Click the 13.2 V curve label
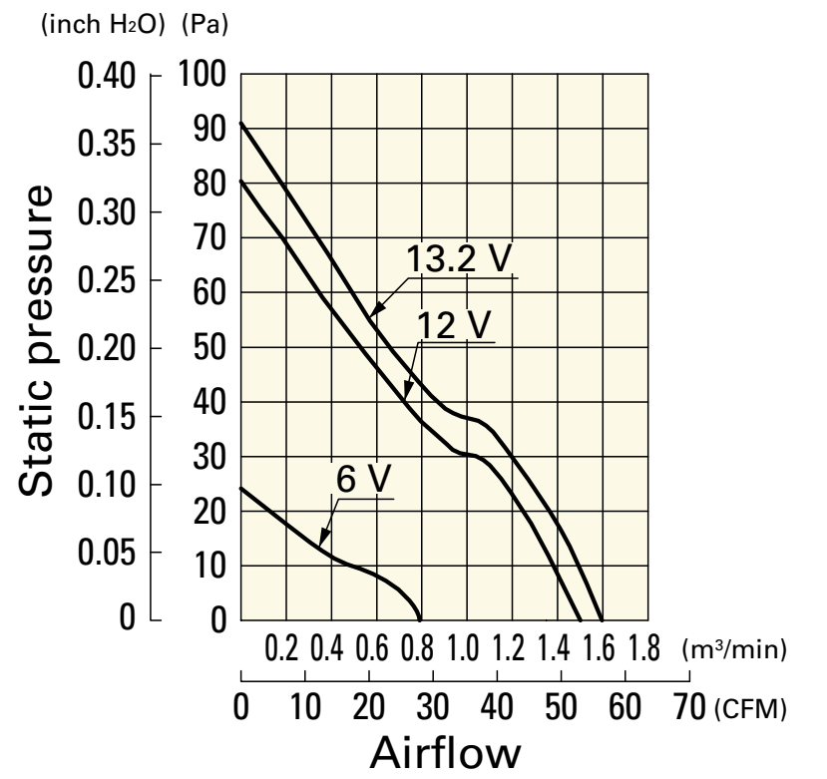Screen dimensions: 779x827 459,258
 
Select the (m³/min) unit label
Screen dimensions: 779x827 736,651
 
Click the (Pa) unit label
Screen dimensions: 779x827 205,23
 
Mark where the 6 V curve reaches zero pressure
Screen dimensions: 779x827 419,620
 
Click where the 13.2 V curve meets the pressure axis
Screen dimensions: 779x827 241,124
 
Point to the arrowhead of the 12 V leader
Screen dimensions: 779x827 404,400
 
